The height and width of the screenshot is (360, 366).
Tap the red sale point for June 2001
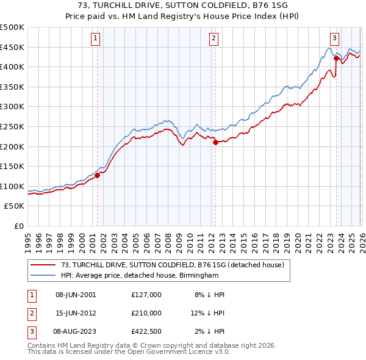point(97,175)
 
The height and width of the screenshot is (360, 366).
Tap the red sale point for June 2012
point(215,143)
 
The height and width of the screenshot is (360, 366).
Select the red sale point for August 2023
point(336,59)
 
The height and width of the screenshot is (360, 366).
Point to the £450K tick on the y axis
point(12,47)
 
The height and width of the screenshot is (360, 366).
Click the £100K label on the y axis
point(12,186)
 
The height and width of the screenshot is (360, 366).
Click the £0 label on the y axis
point(19,226)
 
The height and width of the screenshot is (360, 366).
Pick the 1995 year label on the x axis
point(28,241)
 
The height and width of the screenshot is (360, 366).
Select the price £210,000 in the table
point(146,313)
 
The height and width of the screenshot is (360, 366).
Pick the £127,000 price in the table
point(146,295)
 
